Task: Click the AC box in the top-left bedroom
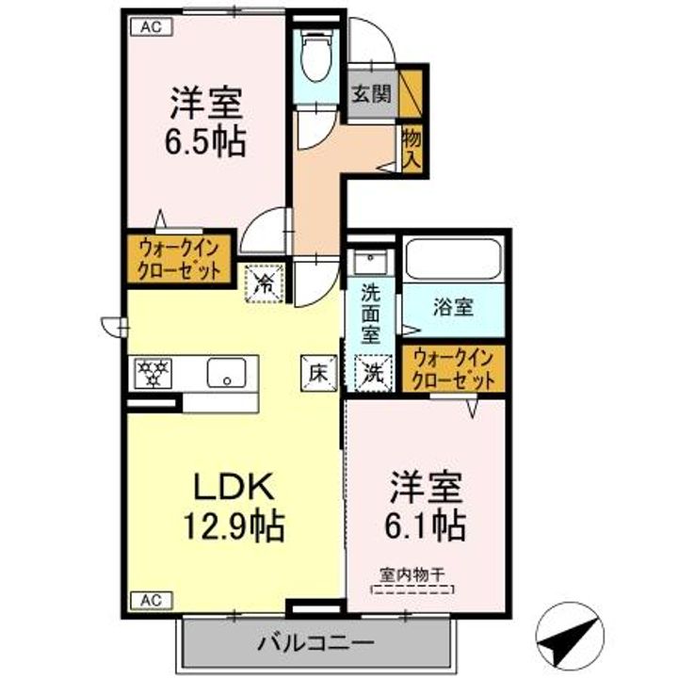click(x=151, y=26)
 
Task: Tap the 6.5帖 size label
click(x=206, y=141)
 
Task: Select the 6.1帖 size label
click(x=427, y=525)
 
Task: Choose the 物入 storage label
click(x=412, y=149)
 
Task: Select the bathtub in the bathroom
click(x=452, y=259)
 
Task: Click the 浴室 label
click(x=453, y=306)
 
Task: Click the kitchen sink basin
click(x=227, y=373)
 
